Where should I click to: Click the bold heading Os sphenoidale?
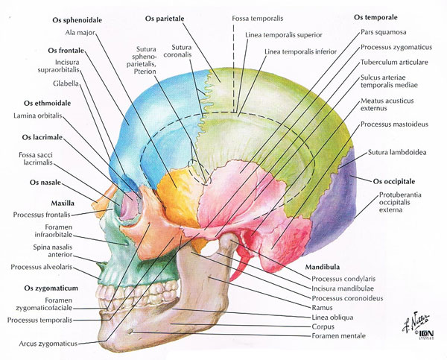(x=77, y=20)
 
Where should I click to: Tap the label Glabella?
(x=66, y=83)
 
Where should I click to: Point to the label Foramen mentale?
(x=338, y=335)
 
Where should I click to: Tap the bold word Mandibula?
(x=323, y=267)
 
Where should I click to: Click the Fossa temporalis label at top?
(x=258, y=19)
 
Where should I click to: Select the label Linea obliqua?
(x=332, y=318)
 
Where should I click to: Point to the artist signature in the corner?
(x=416, y=322)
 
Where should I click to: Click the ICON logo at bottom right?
(x=426, y=334)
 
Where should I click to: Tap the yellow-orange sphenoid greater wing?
(x=177, y=197)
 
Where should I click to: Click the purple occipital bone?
(x=334, y=206)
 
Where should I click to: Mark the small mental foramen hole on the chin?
(x=131, y=332)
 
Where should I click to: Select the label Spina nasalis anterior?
(x=53, y=250)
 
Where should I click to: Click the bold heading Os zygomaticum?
(x=51, y=288)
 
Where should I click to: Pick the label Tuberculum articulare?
(x=394, y=62)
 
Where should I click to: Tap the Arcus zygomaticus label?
(x=48, y=344)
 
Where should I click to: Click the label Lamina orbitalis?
(x=38, y=116)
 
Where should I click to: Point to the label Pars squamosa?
(x=384, y=32)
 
